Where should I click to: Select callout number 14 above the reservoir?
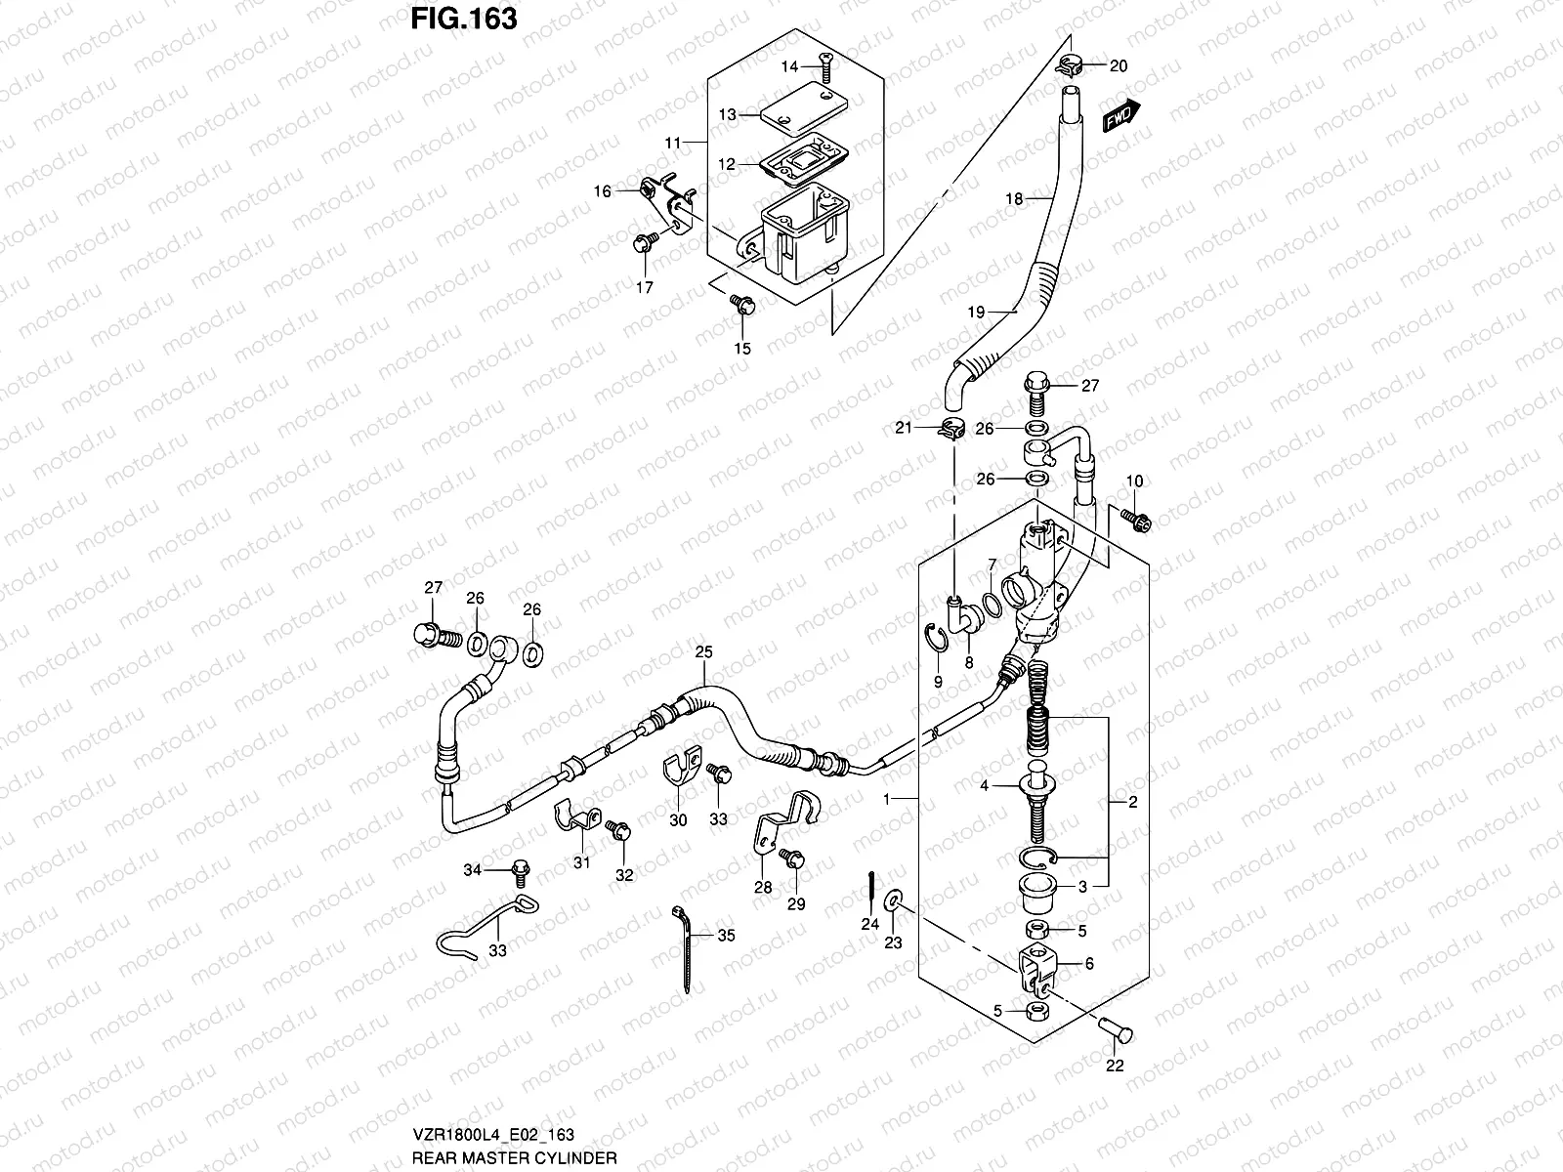pos(789,65)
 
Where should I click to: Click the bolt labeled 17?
pos(643,243)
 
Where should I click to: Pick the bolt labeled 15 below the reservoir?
pos(742,306)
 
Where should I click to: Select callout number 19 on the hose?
pos(977,313)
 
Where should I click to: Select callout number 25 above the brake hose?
pos(704,650)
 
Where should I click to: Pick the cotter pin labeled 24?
pos(868,889)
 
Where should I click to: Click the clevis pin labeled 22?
pos(1113,1027)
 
